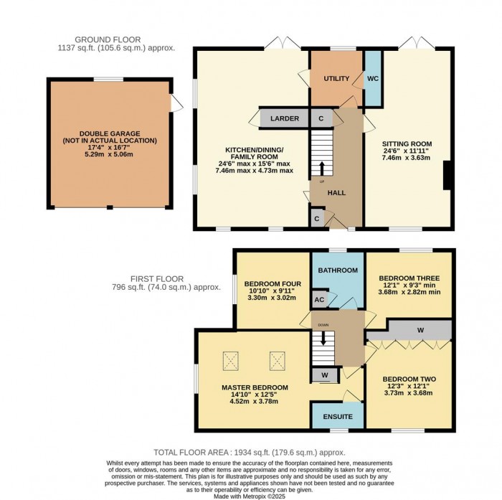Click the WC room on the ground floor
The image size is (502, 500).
tap(373, 77)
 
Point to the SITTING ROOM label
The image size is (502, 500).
tap(407, 143)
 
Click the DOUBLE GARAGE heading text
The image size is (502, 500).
tap(109, 133)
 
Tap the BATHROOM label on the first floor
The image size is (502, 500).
tap(338, 270)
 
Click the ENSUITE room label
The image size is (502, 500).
tap(337, 416)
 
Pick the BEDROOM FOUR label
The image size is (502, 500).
tap(265, 283)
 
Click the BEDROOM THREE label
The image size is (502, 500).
tap(409, 278)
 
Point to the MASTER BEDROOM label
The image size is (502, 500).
tap(255, 387)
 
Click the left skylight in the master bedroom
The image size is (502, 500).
tap(231, 361)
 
